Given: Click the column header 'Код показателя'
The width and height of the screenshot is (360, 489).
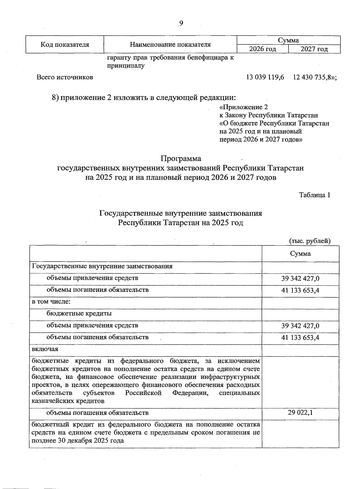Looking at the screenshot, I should [65, 45].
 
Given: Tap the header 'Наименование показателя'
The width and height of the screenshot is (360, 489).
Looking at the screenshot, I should [170, 45].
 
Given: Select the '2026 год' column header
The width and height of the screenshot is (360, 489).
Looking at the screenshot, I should [262, 49].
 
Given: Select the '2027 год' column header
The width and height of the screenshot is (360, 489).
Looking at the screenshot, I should [314, 49].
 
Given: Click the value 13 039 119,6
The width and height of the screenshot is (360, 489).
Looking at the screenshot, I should [265, 77].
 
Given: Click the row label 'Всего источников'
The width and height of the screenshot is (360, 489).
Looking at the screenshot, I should [65, 77].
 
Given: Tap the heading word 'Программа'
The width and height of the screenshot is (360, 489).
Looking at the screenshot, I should [181, 158].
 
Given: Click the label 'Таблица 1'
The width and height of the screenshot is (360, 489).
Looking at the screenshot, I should [315, 195].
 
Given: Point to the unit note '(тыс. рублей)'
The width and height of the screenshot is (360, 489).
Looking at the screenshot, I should [310, 241].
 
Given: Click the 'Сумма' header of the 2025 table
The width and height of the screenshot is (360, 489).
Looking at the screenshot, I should [300, 254].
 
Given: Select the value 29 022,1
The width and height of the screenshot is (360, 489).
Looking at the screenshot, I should [300, 412].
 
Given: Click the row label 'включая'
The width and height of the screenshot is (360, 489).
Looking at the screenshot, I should [45, 349].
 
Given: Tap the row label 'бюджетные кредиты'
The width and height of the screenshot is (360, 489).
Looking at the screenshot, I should [79, 314].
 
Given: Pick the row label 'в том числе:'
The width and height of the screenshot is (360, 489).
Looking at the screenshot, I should [51, 302].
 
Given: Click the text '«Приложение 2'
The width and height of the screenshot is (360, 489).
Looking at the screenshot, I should [244, 107].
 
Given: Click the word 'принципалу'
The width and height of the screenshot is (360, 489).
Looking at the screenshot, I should [126, 66].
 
